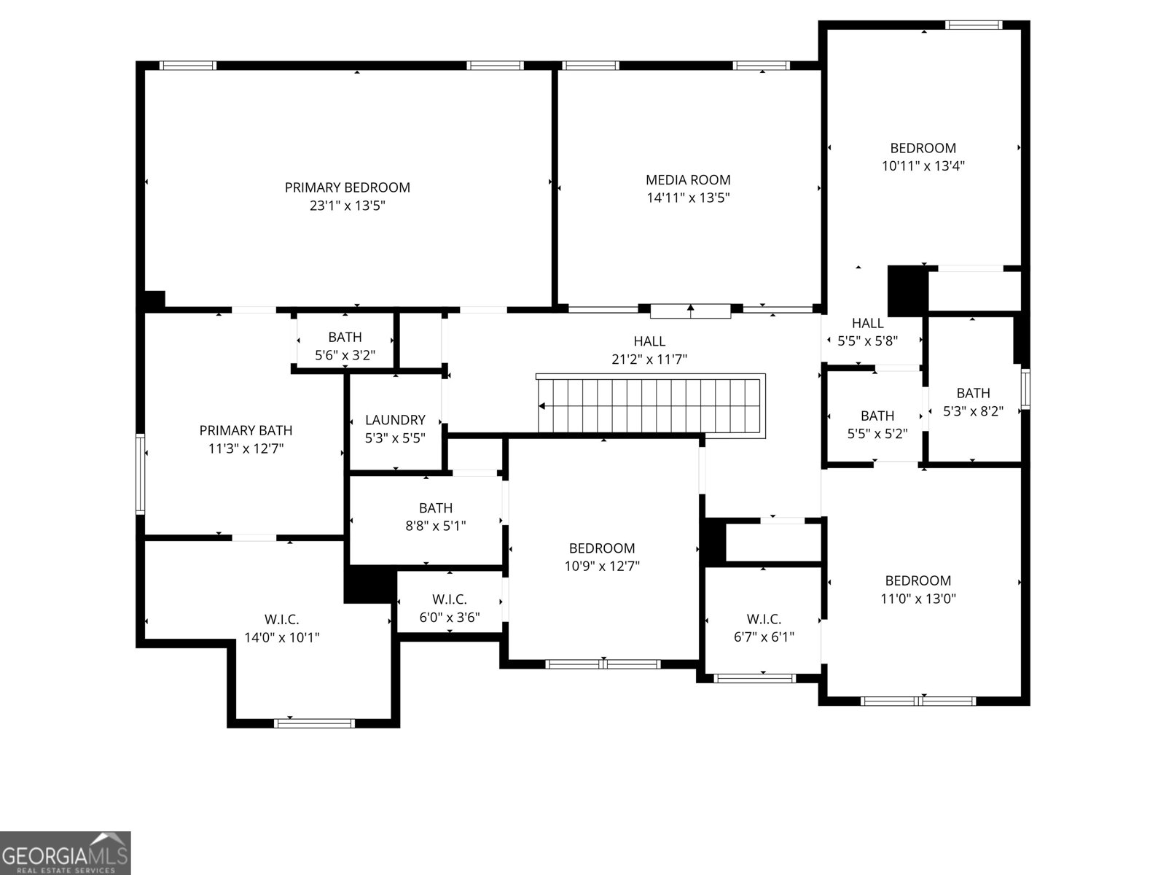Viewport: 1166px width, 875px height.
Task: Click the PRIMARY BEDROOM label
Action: coord(347,187)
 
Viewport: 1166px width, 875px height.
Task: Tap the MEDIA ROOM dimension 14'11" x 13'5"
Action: coord(688,198)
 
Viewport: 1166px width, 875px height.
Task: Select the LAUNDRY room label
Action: coord(395,420)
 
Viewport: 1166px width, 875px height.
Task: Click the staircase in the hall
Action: coord(652,406)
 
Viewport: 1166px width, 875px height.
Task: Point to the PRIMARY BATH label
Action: coord(246,430)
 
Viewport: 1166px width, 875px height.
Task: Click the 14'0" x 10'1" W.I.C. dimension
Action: coord(281,637)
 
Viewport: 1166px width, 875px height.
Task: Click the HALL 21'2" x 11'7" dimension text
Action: coord(649,359)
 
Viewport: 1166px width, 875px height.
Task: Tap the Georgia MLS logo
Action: coord(65,852)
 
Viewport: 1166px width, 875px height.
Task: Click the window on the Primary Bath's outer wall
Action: coord(140,474)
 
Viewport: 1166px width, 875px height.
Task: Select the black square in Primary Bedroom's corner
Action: coord(154,300)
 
